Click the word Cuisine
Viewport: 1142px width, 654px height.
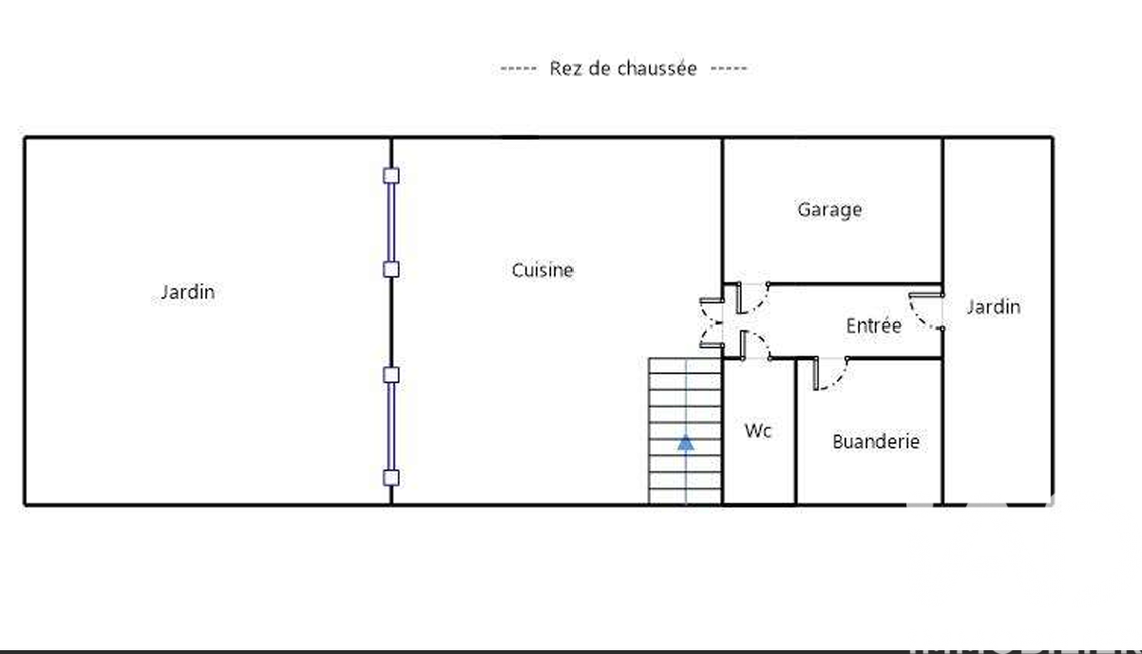click(x=542, y=270)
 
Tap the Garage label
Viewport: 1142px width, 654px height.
click(x=829, y=210)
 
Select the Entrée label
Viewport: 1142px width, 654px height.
click(x=873, y=325)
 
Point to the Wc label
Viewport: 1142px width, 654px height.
click(x=758, y=431)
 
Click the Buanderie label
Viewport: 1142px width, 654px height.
click(x=876, y=441)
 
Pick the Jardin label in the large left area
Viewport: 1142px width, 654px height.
click(x=187, y=293)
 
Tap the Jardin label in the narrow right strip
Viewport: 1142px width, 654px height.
click(x=994, y=307)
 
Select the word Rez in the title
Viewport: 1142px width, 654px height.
click(x=566, y=68)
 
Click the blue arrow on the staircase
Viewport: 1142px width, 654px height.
click(x=686, y=443)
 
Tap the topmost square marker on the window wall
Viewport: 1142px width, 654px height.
click(x=391, y=176)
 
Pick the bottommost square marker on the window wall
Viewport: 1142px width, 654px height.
click(x=391, y=478)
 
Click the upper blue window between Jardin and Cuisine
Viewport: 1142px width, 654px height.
click(x=391, y=222)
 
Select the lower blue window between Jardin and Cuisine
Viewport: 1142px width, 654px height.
click(x=391, y=427)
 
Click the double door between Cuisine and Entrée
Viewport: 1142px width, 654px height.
click(x=712, y=323)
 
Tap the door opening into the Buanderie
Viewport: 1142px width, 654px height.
click(x=831, y=374)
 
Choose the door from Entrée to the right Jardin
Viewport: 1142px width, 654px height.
click(x=926, y=311)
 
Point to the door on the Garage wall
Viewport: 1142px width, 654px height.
click(x=753, y=298)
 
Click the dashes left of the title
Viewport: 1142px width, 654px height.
click(x=518, y=68)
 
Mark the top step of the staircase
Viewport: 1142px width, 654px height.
click(x=685, y=366)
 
